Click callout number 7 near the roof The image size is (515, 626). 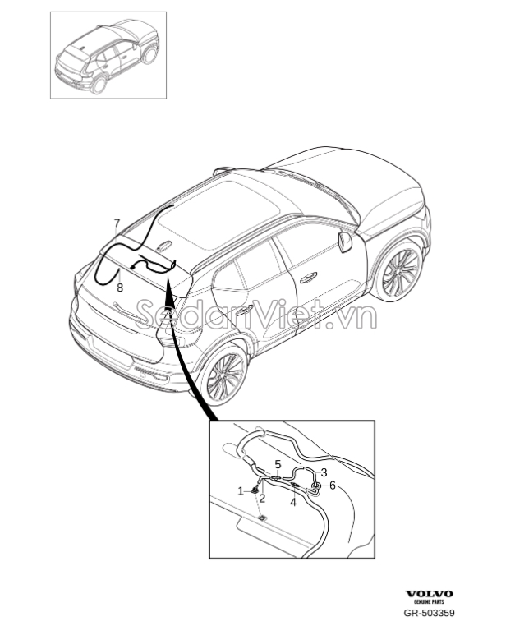pyautogui.click(x=117, y=223)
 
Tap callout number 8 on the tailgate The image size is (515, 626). pyautogui.click(x=120, y=287)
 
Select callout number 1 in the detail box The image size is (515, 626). pyautogui.click(x=241, y=491)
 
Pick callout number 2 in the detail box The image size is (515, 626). pyautogui.click(x=262, y=498)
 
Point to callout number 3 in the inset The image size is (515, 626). pyautogui.click(x=278, y=464)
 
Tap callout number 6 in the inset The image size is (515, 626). pyautogui.click(x=332, y=486)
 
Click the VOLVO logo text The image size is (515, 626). pyautogui.click(x=429, y=595)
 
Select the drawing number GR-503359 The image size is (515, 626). pyautogui.click(x=429, y=613)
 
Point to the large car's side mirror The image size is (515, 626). pyautogui.click(x=344, y=242)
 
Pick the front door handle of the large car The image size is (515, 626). pyautogui.click(x=308, y=278)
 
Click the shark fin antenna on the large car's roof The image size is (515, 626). pyautogui.click(x=164, y=245)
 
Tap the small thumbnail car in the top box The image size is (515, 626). pyautogui.click(x=107, y=57)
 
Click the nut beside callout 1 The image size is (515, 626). pyautogui.click(x=254, y=490)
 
